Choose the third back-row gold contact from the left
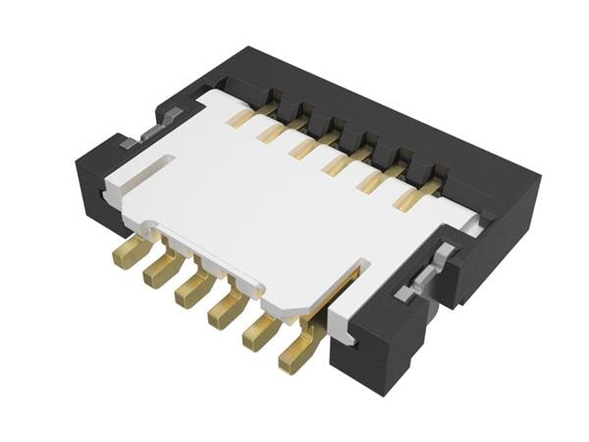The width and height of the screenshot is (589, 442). pos(306,147)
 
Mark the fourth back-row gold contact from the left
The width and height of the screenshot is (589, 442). pos(341,162)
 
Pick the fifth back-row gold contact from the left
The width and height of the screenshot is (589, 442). pos(377,178)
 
